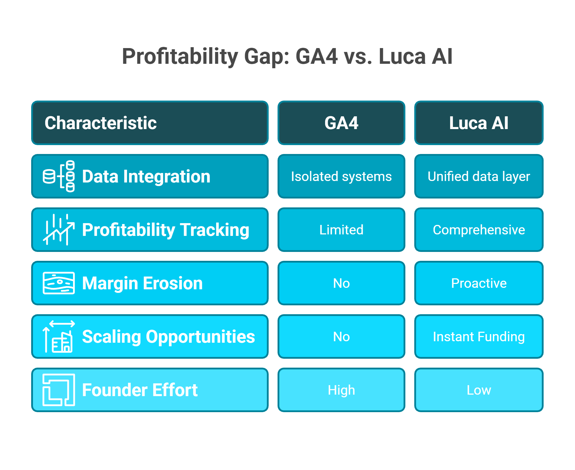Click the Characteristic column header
[150, 123]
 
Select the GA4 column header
[341, 123]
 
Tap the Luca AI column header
[479, 123]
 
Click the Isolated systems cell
[341, 176]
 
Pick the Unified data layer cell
[479, 176]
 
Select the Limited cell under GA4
[341, 230]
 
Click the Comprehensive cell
[479, 230]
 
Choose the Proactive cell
[479, 283]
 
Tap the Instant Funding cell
[479, 336]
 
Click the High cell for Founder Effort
[341, 390]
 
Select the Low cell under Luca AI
[479, 390]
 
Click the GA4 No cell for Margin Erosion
[341, 283]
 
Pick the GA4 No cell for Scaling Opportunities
[341, 336]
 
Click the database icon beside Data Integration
[59, 176]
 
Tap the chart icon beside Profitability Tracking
[59, 230]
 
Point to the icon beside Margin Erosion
[59, 283]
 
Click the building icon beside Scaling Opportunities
[59, 336]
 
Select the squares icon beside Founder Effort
[59, 390]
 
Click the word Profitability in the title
[180, 56]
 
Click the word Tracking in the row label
[215, 230]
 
